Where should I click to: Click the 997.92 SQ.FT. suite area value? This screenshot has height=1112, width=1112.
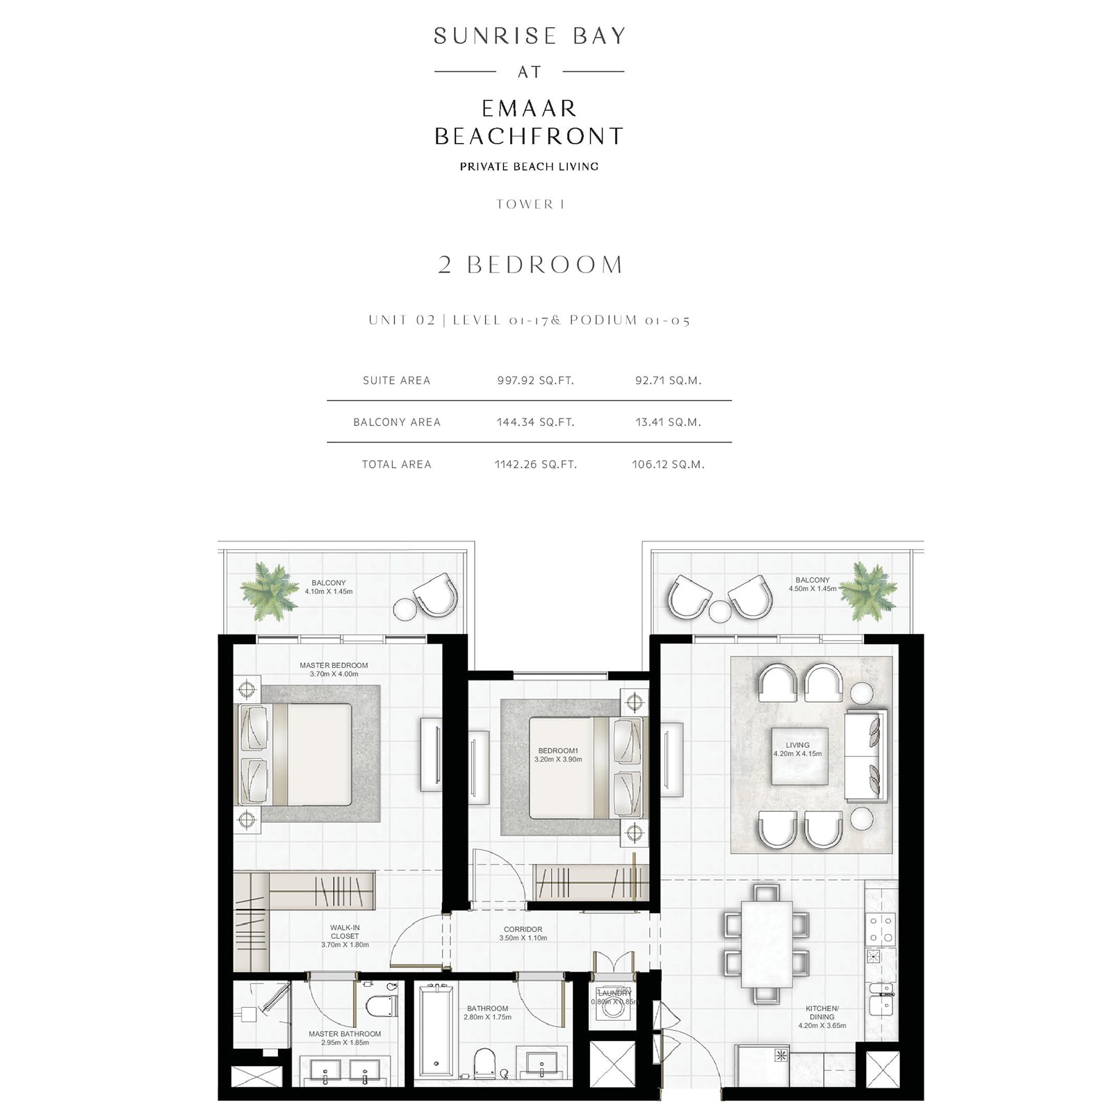coord(535,380)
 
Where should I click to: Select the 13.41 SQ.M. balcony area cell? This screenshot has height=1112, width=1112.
coord(668,422)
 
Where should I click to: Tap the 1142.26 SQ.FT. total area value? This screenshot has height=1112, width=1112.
coord(535,464)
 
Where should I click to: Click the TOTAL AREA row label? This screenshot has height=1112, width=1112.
coord(396,464)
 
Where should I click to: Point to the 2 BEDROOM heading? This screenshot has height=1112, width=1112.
coord(530,265)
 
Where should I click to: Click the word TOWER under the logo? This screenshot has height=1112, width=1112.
coord(525,204)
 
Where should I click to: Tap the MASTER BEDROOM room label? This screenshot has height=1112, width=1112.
coord(334,665)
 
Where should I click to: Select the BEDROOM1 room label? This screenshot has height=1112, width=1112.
coord(558,751)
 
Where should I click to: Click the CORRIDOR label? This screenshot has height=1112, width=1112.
coord(523,929)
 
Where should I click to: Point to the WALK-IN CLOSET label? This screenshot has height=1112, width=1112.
coord(345,932)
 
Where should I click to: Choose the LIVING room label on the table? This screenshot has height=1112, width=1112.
coord(797,745)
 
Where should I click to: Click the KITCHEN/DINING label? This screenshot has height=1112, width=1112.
coord(822,1013)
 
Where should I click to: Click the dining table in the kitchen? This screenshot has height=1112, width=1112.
coord(767,943)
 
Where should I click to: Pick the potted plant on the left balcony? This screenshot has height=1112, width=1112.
coord(269,591)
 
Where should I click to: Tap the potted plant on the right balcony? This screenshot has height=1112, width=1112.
coord(867,591)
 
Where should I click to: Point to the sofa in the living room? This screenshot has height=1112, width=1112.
coord(866,755)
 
